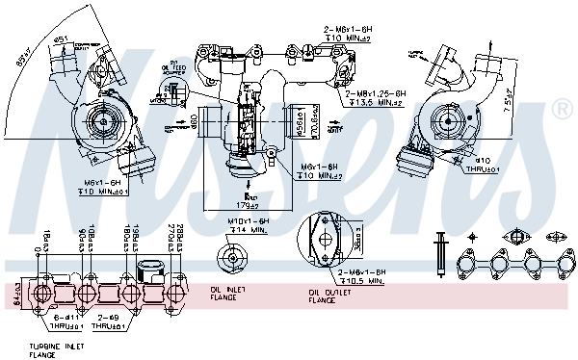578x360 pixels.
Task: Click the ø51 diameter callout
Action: (62, 39)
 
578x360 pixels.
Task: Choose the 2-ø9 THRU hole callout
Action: (109, 320)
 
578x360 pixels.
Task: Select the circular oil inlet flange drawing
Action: (234, 255)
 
